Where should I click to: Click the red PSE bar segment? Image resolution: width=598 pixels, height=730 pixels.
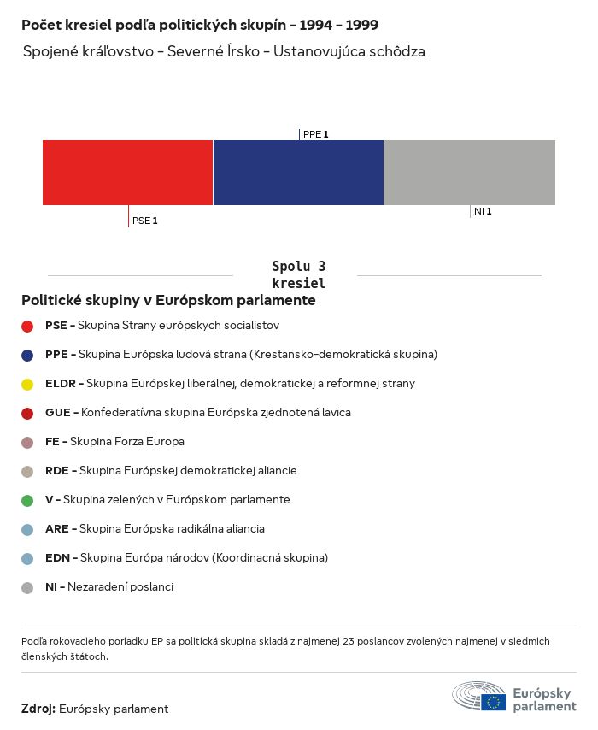127,173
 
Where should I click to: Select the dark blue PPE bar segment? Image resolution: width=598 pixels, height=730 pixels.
298,173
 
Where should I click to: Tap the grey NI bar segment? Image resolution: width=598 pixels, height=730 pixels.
470,173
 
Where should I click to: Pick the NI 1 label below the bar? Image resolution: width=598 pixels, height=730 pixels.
483,211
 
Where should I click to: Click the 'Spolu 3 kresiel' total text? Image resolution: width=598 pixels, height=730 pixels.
298,275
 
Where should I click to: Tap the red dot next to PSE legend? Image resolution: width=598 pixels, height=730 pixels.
27,326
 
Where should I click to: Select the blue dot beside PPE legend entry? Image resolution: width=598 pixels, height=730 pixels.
27,355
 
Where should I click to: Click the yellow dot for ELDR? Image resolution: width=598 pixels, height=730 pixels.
27,384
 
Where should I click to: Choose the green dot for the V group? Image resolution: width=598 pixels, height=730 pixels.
27,500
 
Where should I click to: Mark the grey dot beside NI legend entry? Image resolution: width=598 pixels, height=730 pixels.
27,587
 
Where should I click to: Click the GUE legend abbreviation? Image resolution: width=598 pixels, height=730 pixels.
57,412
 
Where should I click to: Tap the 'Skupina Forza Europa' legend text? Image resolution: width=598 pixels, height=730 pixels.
127,441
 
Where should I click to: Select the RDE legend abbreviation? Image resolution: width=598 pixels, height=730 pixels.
57,470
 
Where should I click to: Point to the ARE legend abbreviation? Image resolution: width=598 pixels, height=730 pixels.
57,528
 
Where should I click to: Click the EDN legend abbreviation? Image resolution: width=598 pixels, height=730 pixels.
57,557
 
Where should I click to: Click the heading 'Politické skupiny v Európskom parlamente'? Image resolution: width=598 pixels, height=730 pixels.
168,301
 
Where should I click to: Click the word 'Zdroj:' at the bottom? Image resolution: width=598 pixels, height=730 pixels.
38,709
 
